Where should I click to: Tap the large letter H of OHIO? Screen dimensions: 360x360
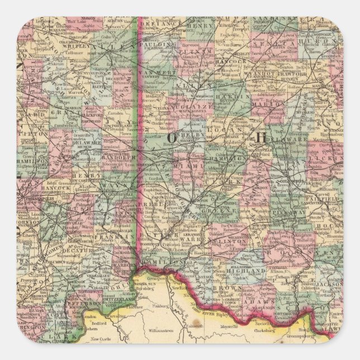coord(261,136)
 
